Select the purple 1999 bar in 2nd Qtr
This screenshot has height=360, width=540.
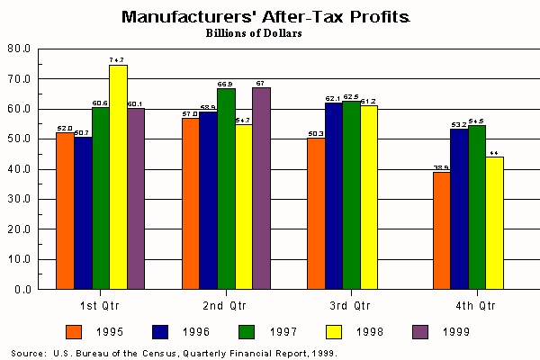(x=261, y=188)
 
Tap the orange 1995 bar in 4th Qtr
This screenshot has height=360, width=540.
(x=441, y=230)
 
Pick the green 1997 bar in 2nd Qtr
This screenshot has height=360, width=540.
(x=226, y=188)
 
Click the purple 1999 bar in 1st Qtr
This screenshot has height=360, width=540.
(x=136, y=199)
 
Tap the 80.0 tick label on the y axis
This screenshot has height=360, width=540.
(x=20, y=49)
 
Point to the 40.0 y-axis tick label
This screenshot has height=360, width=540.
(x=20, y=169)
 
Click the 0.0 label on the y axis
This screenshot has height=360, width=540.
(x=22, y=290)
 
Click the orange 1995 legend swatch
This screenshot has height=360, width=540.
(x=75, y=329)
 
